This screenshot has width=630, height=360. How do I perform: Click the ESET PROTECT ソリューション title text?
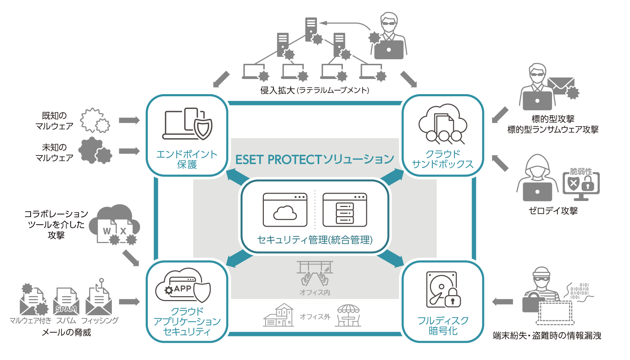314,159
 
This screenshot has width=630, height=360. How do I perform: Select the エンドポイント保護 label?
187,159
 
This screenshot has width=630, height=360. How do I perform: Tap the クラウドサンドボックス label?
443,159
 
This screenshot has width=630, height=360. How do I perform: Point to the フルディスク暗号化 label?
443,325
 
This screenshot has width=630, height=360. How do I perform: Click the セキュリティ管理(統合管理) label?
315,240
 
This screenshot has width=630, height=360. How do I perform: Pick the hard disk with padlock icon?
443,289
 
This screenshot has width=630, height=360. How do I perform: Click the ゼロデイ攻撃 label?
553,211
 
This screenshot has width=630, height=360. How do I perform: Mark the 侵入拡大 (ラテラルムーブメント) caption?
315,91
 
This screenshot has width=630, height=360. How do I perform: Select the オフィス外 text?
315,317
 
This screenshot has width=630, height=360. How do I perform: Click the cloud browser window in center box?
285,210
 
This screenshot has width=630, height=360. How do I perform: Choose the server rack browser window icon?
345,210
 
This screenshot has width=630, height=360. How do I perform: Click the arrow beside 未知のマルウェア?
129,151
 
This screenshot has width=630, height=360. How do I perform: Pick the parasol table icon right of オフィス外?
348,316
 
